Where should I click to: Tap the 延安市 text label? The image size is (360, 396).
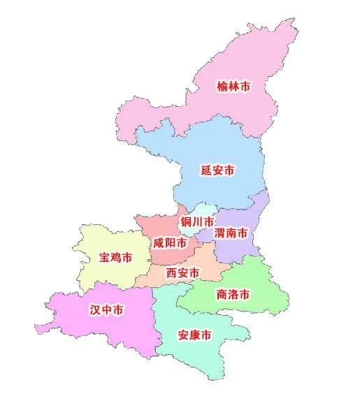[217, 170]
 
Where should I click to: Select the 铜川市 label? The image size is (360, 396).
[198, 222]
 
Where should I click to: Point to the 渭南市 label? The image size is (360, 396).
[231, 233]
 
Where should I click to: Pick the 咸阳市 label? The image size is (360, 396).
[169, 243]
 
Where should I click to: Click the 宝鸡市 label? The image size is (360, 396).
[115, 258]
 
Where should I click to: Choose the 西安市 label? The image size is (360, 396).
[182, 273]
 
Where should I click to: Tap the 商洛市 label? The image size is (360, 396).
[233, 294]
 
